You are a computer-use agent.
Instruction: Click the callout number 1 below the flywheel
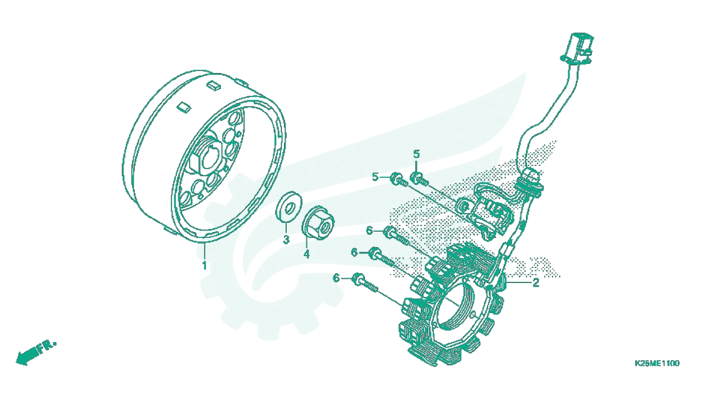tap(205, 265)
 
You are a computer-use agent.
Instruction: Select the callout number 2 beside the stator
tap(535, 282)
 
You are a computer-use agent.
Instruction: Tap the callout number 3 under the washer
tap(286, 239)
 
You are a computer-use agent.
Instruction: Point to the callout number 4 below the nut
tap(306, 254)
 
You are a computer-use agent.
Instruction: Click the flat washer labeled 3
tap(289, 207)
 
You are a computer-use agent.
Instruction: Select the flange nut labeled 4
tap(318, 222)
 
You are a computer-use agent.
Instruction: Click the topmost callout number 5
tap(416, 154)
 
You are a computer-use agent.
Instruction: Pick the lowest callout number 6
tap(336, 278)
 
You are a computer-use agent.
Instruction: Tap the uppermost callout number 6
tap(370, 231)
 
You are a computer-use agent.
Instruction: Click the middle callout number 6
tap(355, 252)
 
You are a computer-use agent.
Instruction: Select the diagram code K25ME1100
tap(657, 363)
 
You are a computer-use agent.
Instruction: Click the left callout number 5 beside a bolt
tap(375, 177)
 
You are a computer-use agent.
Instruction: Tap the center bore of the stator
tap(455, 306)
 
